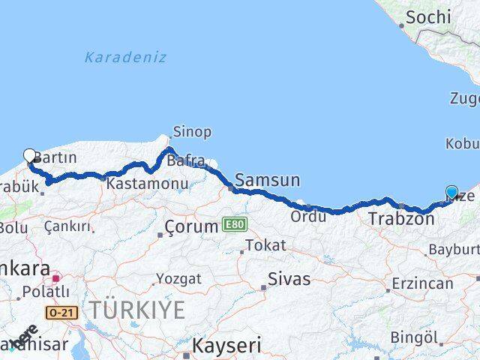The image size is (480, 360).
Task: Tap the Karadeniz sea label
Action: [x=125, y=57]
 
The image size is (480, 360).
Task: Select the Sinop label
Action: [x=192, y=132]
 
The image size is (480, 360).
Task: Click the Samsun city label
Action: [x=268, y=180]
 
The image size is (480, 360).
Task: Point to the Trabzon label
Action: [x=397, y=219]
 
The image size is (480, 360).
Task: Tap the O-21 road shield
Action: [x=61, y=312]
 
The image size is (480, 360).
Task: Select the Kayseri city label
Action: [x=226, y=346]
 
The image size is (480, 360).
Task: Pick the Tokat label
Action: [x=265, y=245]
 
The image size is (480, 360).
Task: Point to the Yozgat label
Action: [x=178, y=279]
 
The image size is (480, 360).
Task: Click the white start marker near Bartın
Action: [x=30, y=156]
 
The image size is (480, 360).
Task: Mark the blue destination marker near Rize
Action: [x=451, y=192]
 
